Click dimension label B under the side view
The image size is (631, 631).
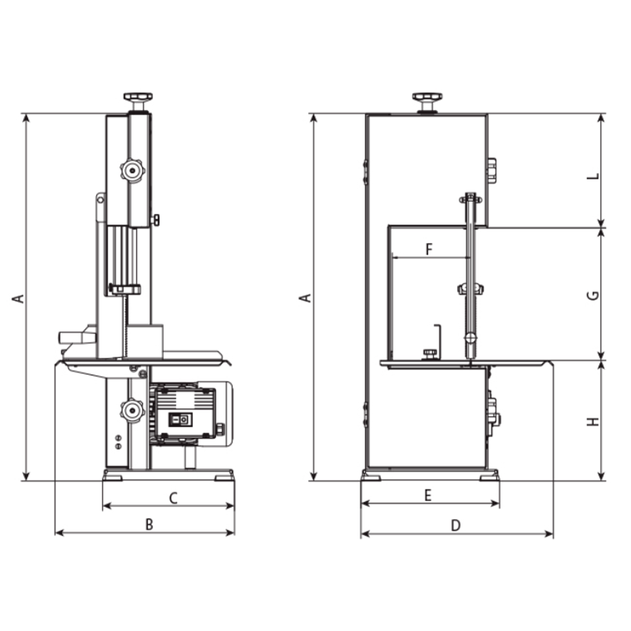point(149,524)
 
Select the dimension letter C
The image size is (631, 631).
point(173,498)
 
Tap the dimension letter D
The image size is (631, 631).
point(456,525)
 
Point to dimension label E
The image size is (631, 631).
point(427,496)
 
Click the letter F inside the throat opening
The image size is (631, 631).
point(429,249)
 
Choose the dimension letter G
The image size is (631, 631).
point(592,295)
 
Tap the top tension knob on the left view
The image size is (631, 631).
point(138,98)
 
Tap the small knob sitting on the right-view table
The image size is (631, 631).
point(430,352)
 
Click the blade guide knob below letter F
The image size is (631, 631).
point(470,289)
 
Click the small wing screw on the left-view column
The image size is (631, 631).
point(155,220)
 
